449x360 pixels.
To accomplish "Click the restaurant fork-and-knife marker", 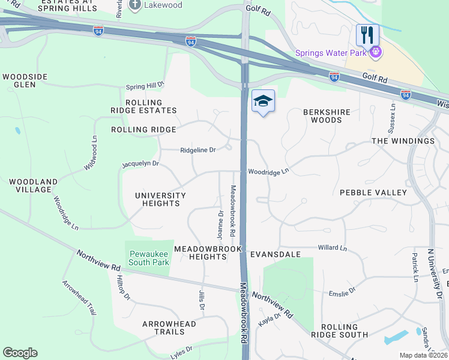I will pyautogui.click(x=367, y=35).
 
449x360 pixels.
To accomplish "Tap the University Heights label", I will pyautogui.click(x=160, y=199).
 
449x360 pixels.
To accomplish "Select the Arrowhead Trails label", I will pyautogui.click(x=169, y=328).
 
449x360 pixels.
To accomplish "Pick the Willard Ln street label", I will pyautogui.click(x=332, y=247).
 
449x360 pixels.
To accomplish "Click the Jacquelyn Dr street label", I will pyautogui.click(x=140, y=163).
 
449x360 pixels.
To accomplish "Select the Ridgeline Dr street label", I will pyautogui.click(x=198, y=151).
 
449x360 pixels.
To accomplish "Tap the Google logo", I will pyautogui.click(x=20, y=353).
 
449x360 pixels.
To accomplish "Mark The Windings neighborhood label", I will pyautogui.click(x=403, y=141).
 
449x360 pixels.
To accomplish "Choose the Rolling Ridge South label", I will pyautogui.click(x=344, y=331).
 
